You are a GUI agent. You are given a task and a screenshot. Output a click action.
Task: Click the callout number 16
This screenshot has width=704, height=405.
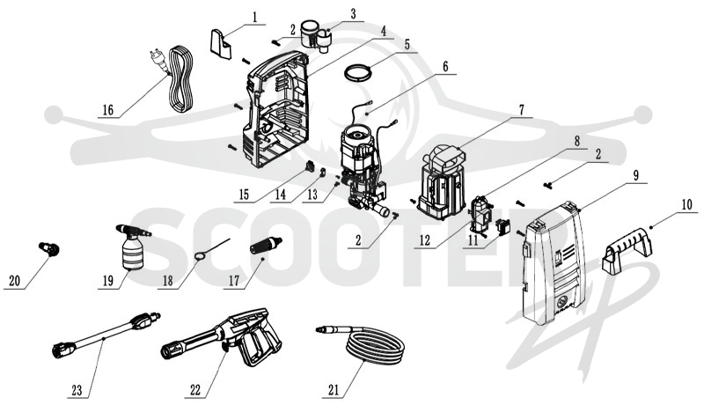tap(108, 110)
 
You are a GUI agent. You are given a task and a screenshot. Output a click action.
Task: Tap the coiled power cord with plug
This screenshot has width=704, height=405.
tap(173, 78)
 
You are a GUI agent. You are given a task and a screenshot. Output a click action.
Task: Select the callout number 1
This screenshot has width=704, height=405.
tap(255, 18)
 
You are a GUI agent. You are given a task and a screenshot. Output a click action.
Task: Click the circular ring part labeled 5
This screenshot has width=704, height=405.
tap(358, 73)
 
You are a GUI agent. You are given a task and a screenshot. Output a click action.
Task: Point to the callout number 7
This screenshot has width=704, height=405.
tap(521, 109)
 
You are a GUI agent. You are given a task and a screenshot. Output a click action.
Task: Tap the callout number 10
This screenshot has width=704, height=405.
tap(687, 205)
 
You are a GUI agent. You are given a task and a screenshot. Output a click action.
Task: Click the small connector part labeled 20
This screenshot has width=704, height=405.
tap(49, 248)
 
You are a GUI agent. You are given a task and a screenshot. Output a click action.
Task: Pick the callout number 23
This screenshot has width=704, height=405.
tap(77, 390)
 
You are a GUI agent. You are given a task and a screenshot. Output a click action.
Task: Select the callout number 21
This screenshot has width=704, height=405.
tap(334, 390)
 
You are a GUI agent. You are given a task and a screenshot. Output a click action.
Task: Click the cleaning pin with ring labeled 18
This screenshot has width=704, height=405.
tap(212, 248)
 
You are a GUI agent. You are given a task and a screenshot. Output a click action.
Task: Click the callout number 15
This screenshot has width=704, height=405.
tap(244, 195)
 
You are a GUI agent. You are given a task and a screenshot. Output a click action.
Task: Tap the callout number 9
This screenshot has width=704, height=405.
tap(635, 175)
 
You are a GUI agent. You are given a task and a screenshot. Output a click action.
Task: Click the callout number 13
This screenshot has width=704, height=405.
tap(312, 195)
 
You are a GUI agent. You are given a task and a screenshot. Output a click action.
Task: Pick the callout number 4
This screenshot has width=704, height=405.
tap(383, 32)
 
